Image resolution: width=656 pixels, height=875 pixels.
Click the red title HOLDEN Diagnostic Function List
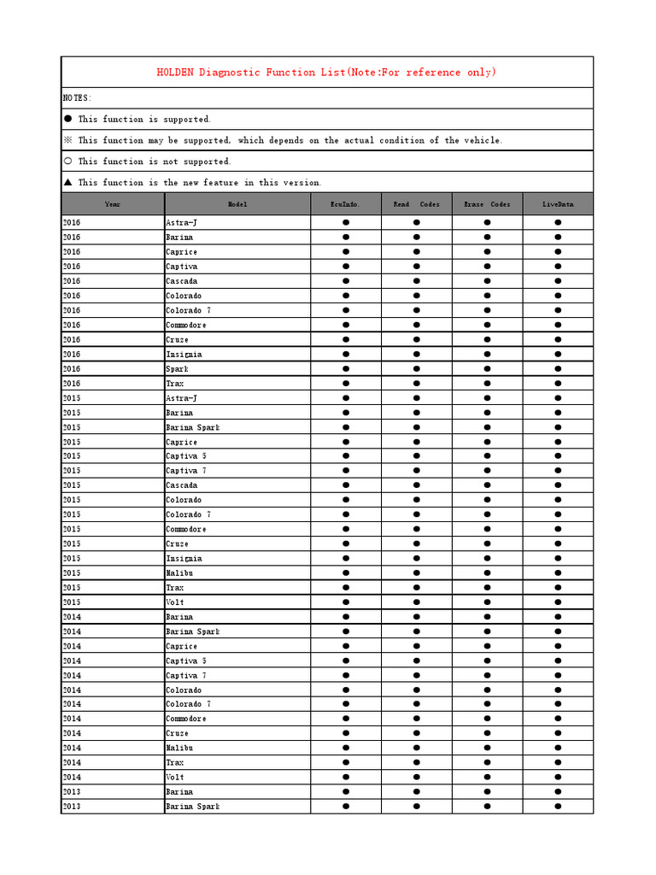click(x=326, y=73)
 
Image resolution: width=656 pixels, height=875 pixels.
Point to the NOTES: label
click(x=77, y=98)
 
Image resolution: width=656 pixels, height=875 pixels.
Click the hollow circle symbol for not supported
click(x=68, y=161)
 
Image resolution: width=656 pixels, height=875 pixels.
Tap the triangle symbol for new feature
click(x=68, y=182)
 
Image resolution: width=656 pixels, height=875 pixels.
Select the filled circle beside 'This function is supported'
click(x=68, y=119)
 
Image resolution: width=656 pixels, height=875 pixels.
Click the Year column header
click(x=113, y=204)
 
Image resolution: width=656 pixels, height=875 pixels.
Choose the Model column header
click(x=237, y=204)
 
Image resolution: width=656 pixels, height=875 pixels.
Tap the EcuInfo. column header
click(x=345, y=204)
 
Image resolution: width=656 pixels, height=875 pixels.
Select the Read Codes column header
click(x=416, y=204)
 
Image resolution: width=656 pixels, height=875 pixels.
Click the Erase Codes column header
click(x=487, y=204)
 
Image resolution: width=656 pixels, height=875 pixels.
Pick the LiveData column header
click(x=558, y=204)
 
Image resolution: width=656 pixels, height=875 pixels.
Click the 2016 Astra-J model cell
click(x=181, y=222)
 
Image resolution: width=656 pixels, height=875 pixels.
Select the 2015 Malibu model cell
click(x=179, y=573)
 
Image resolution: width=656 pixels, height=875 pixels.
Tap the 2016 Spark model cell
click(x=177, y=368)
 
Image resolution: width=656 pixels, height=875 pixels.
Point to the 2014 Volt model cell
click(x=175, y=778)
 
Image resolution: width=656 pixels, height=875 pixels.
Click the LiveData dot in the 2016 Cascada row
click(x=558, y=281)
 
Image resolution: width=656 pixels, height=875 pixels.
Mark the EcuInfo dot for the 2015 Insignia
click(x=346, y=559)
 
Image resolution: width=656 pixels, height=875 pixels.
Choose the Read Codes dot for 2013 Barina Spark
click(x=417, y=807)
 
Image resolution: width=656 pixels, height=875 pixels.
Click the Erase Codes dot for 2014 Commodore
click(x=488, y=719)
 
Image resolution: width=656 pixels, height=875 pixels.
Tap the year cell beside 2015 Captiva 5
click(x=72, y=456)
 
